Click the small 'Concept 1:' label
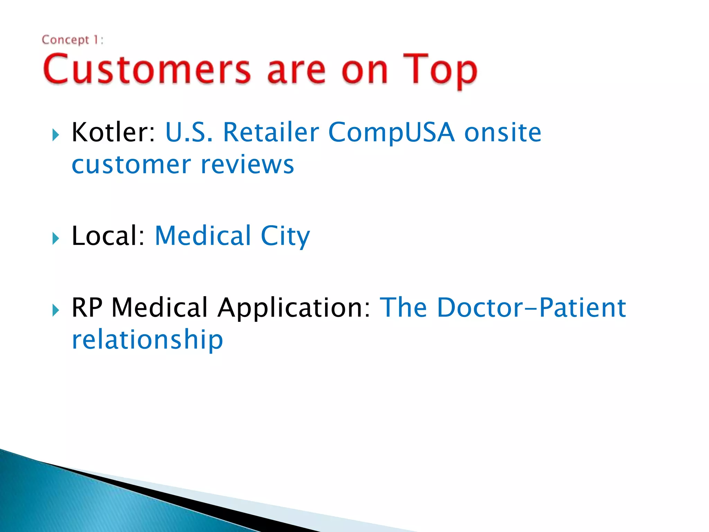tap(73, 40)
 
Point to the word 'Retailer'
tap(271, 132)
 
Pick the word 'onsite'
tap(503, 133)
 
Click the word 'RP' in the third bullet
tap(87, 307)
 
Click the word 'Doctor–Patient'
tap(531, 307)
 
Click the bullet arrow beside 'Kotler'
tap(56, 135)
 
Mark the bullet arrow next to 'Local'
tap(56, 238)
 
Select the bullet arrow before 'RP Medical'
tap(56, 310)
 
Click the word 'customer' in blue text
tap(131, 165)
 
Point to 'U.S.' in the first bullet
tap(189, 132)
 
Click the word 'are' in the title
tap(296, 71)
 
